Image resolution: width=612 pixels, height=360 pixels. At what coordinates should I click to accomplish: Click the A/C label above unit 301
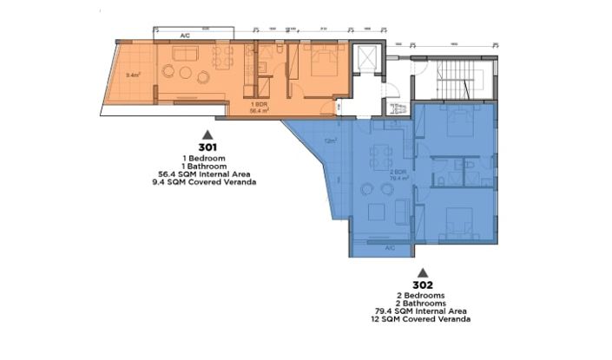(x=185, y=36)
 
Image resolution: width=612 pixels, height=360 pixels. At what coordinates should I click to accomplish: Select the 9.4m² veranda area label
(x=133, y=75)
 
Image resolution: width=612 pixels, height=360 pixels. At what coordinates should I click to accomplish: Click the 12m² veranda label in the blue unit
(x=330, y=140)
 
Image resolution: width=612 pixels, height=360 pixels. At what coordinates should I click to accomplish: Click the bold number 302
(x=423, y=285)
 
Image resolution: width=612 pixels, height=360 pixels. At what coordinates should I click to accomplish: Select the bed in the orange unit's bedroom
(x=319, y=64)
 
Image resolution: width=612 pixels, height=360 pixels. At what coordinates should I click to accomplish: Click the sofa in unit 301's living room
(x=186, y=56)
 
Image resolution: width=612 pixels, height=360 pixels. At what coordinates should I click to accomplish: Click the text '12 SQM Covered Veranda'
(x=423, y=319)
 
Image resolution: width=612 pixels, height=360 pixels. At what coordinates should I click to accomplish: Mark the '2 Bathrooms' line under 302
(x=423, y=303)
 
